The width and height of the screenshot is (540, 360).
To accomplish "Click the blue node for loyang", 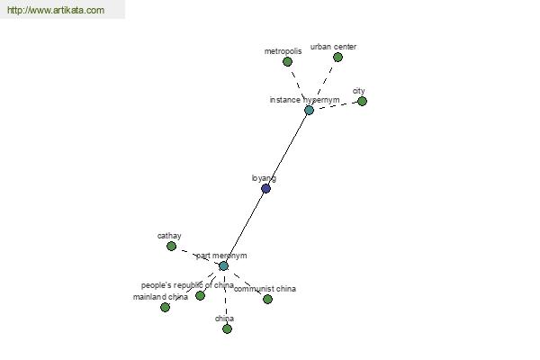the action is (x=265, y=188).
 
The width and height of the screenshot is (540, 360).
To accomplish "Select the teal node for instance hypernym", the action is (x=309, y=110).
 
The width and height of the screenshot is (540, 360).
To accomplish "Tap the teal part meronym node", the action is (x=223, y=266).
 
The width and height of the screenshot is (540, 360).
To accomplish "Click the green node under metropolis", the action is (x=287, y=62).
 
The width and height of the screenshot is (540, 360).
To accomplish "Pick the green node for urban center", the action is (x=337, y=58).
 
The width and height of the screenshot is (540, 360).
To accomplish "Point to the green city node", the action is (x=362, y=102).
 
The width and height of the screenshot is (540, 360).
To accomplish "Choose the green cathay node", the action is (x=171, y=246).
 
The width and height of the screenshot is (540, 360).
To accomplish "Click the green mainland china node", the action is (x=165, y=307).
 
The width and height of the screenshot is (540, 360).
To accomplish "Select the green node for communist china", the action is (x=267, y=299).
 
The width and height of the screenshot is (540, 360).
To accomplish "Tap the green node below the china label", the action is (x=227, y=329).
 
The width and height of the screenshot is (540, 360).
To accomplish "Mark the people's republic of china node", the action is (x=200, y=295).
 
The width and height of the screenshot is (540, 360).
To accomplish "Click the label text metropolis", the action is (x=283, y=51).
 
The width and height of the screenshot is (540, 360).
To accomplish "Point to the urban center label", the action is (x=333, y=47).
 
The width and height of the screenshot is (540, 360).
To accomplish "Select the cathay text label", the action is (x=169, y=236).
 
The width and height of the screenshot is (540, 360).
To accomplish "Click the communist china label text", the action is (x=265, y=289).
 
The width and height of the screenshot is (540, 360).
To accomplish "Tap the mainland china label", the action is (x=160, y=297).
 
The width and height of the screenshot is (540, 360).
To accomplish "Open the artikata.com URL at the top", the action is (x=56, y=10).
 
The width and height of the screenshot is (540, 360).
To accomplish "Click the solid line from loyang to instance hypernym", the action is (x=287, y=149).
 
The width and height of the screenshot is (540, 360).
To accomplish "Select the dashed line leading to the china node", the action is (x=225, y=298).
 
